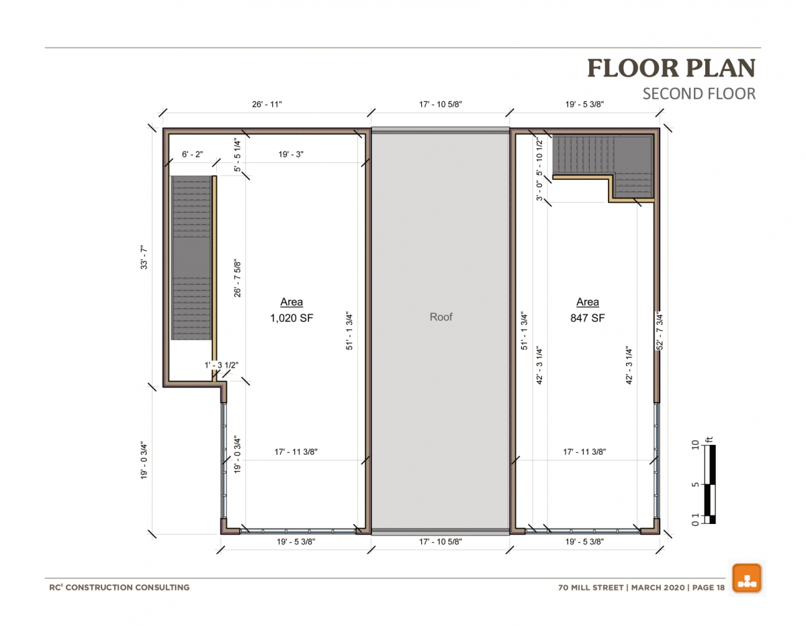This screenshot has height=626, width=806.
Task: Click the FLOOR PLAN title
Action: [671, 68]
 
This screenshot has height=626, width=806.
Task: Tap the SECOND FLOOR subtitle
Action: [699, 94]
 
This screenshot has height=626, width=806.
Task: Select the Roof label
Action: [441, 317]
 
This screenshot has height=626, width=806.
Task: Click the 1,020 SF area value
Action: [292, 318]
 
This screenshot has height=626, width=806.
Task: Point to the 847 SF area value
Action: [588, 318]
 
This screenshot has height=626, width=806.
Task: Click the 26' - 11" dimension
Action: [267, 105]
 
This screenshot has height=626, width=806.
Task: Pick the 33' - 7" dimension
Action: [144, 257]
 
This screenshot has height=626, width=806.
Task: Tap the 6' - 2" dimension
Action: [193, 154]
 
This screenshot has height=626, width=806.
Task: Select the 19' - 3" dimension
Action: [292, 154]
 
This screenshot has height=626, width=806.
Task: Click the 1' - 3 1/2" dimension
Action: [222, 365]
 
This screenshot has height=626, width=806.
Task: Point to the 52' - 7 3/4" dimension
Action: [660, 331]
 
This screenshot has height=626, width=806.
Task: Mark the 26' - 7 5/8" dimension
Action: [237, 279]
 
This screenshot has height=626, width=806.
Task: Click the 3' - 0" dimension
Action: [539, 191]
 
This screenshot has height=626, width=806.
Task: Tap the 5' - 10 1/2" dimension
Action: [539, 157]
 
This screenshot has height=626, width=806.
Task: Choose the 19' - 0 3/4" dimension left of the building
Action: [144, 460]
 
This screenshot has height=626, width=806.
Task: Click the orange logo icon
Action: [747, 578]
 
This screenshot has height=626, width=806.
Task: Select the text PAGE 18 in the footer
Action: [709, 588]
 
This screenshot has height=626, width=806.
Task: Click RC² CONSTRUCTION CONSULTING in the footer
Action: [120, 588]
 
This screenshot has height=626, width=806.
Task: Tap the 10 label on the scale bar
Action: [696, 445]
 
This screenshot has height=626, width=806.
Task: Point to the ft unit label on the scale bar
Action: [709, 440]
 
